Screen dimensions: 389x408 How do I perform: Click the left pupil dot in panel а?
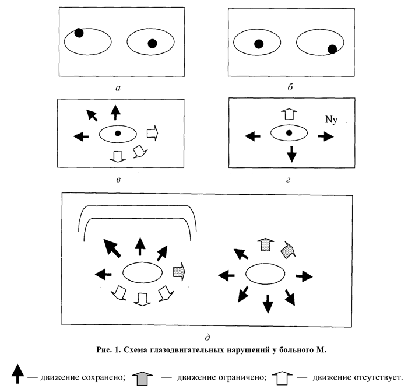tap(79, 33)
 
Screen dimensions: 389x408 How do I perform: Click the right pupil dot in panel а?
tap(152, 43)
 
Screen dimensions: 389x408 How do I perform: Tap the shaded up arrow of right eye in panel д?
tap(265, 244)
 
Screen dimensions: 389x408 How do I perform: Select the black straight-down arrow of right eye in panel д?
tap(268, 303)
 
